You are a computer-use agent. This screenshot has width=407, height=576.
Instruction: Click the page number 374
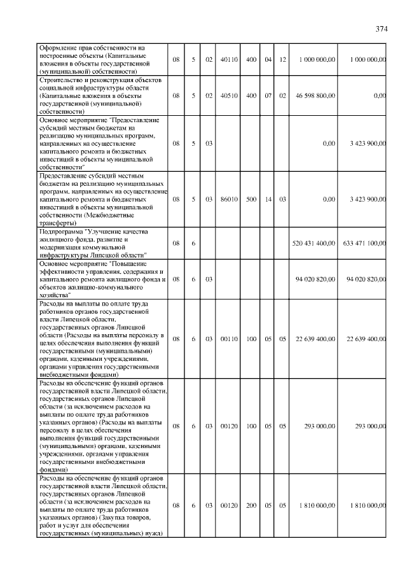[381, 29]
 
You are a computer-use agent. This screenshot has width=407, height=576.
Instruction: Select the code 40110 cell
[228, 59]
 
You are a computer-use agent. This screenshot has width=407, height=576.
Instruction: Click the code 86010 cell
[228, 199]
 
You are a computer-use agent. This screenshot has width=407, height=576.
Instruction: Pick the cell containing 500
[251, 199]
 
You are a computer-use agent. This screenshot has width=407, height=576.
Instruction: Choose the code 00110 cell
[228, 339]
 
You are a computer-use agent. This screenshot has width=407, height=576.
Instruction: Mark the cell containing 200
[251, 505]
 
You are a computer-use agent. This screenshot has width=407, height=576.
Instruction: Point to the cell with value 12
[283, 59]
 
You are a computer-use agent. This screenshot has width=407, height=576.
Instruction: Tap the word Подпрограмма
[61, 232]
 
